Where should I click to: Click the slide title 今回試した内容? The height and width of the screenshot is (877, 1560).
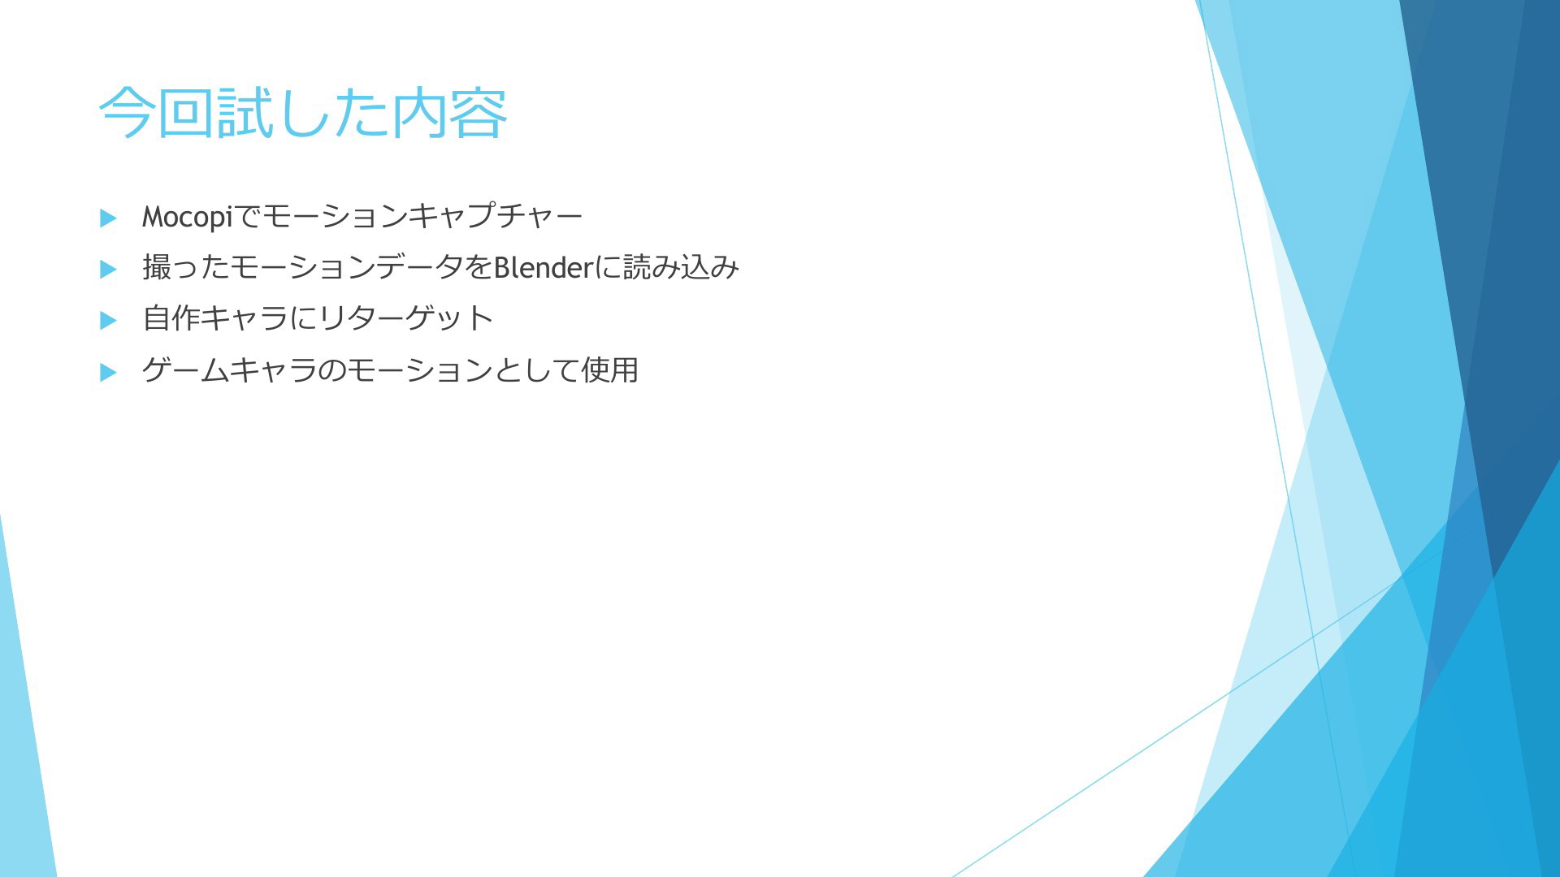pyautogui.click(x=303, y=113)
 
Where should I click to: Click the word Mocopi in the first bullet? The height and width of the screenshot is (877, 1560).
pyautogui.click(x=188, y=217)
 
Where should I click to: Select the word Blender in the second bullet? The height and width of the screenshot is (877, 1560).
pyautogui.click(x=544, y=267)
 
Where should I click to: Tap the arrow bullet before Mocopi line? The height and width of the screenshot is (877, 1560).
pyautogui.click(x=108, y=218)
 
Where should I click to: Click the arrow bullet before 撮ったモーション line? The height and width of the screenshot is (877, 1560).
pyautogui.click(x=108, y=269)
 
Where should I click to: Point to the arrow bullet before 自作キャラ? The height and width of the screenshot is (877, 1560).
pyautogui.click(x=108, y=320)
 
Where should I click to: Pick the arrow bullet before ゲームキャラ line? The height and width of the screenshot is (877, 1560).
pyautogui.click(x=108, y=372)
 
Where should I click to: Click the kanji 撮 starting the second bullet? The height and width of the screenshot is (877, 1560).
pyautogui.click(x=157, y=267)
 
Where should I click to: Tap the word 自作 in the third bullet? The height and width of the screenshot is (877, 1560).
pyautogui.click(x=171, y=318)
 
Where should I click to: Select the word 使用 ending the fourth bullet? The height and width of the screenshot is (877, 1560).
pyautogui.click(x=609, y=369)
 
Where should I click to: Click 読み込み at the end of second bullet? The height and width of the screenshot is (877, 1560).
pyautogui.click(x=681, y=267)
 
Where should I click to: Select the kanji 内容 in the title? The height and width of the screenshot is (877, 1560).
pyautogui.click(x=450, y=113)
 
